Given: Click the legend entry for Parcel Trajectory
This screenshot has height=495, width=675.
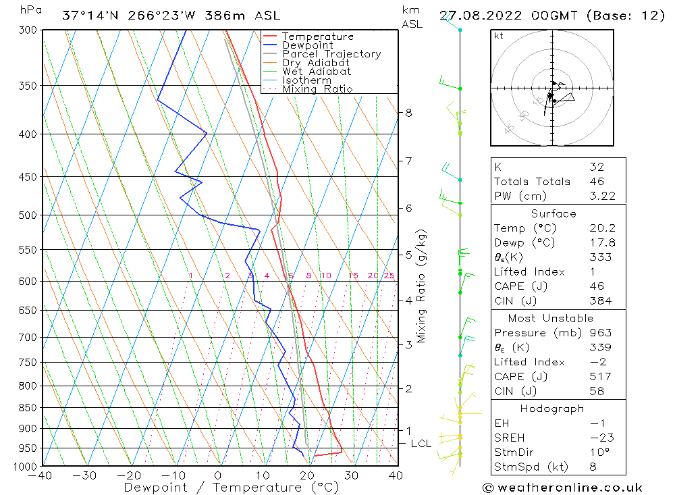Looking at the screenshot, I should (x=331, y=54).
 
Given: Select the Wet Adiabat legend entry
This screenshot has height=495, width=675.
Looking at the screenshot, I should (x=317, y=72).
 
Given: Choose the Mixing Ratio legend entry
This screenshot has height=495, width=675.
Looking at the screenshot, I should (x=317, y=89).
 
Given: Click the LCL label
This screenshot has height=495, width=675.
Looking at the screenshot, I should (x=421, y=443).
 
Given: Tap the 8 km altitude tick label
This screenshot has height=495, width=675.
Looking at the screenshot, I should (x=408, y=113).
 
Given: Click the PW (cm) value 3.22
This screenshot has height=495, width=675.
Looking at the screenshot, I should (x=597, y=196).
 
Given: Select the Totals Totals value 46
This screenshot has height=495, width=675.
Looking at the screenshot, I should (x=597, y=181).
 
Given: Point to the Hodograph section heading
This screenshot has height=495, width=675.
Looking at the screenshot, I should (x=552, y=409).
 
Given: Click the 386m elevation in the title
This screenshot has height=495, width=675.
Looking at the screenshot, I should (x=234, y=15).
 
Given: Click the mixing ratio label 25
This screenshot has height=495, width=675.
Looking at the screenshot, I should (x=389, y=276).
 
